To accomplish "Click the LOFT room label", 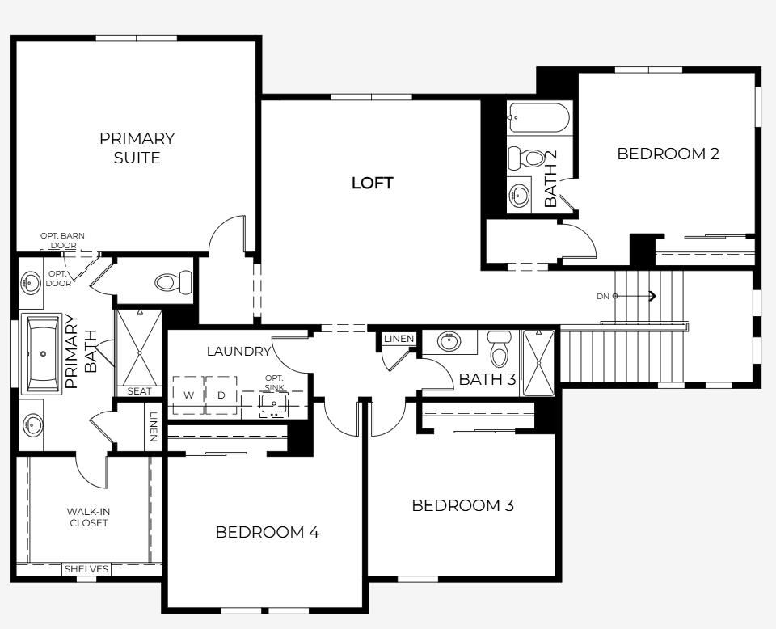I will point(372,183).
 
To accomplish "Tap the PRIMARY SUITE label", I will point(137,148).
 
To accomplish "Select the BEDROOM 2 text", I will point(668,154).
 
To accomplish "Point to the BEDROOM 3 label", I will point(462,506).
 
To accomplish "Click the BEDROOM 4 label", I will point(267,532).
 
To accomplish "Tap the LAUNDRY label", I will point(238,351).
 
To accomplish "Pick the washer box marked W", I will point(188,395).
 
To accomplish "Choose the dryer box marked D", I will point(221,395).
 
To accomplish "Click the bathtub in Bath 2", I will point(539,117).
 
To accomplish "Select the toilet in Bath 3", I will point(500,349).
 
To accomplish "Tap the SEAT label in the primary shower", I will point(139,391).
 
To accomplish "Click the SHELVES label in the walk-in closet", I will point(86,569).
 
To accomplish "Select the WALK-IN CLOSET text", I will point(87,517).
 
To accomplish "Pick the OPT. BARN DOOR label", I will point(62,240).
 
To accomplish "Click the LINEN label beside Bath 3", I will point(399,339).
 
